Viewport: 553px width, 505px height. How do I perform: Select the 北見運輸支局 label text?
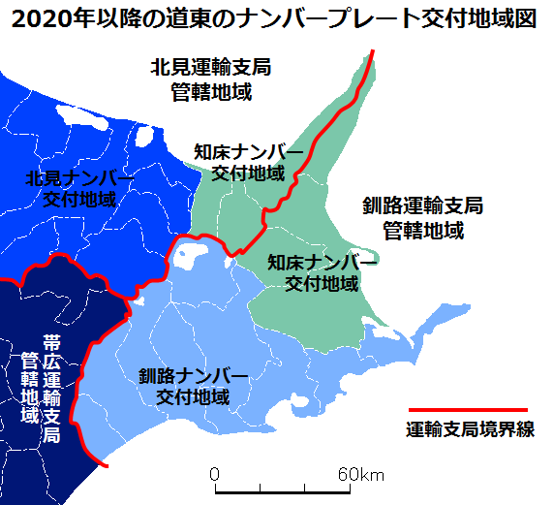[x=210, y=68]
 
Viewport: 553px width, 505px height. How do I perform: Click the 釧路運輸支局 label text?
[x=422, y=206]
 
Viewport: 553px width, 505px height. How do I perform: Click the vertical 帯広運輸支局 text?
[x=52, y=389]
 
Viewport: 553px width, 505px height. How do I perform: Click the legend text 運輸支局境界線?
[x=471, y=430]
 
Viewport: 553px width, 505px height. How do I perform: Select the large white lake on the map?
[x=187, y=256]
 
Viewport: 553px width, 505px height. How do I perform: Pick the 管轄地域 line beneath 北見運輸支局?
[x=210, y=93]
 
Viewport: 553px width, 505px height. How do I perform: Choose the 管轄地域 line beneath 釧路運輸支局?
[x=422, y=232]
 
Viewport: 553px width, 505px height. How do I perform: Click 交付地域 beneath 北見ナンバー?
[x=79, y=200]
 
